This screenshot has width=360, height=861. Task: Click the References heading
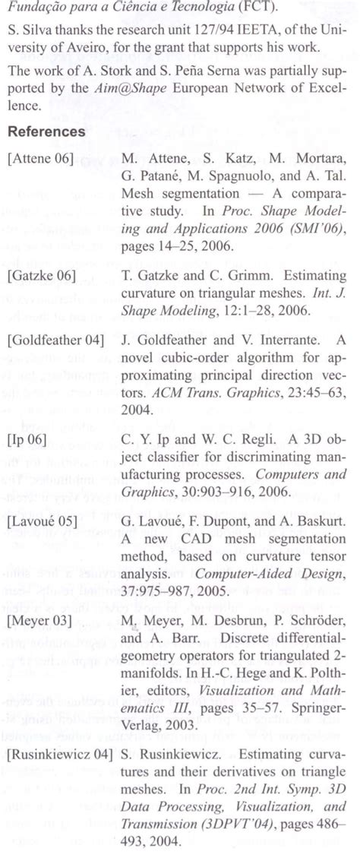(x=46, y=131)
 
